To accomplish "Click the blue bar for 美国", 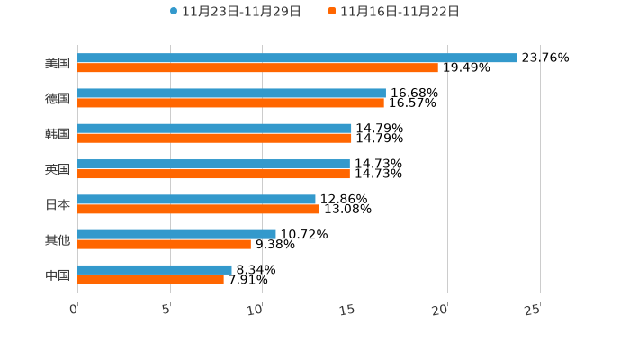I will point(297,58).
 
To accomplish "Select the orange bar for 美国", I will point(257,67).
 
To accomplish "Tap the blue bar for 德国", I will point(231,93).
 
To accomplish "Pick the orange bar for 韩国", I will point(214,139).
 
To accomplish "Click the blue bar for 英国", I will point(213,164).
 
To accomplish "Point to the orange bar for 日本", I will point(198,209).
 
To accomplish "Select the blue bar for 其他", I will point(176,234).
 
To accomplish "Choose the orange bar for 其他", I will point(164,244).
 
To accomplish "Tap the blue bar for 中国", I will point(155,269).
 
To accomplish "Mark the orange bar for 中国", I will point(150,279).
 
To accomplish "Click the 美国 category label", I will point(58,63).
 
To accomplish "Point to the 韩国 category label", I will point(58,133).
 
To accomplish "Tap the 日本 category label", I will point(58,204).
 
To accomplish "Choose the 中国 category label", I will point(58,274).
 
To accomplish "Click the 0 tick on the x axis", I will point(74,310).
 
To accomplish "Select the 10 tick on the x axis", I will point(256,310).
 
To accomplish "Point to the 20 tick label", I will point(440,310).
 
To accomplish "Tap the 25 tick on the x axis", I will point(533,310).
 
